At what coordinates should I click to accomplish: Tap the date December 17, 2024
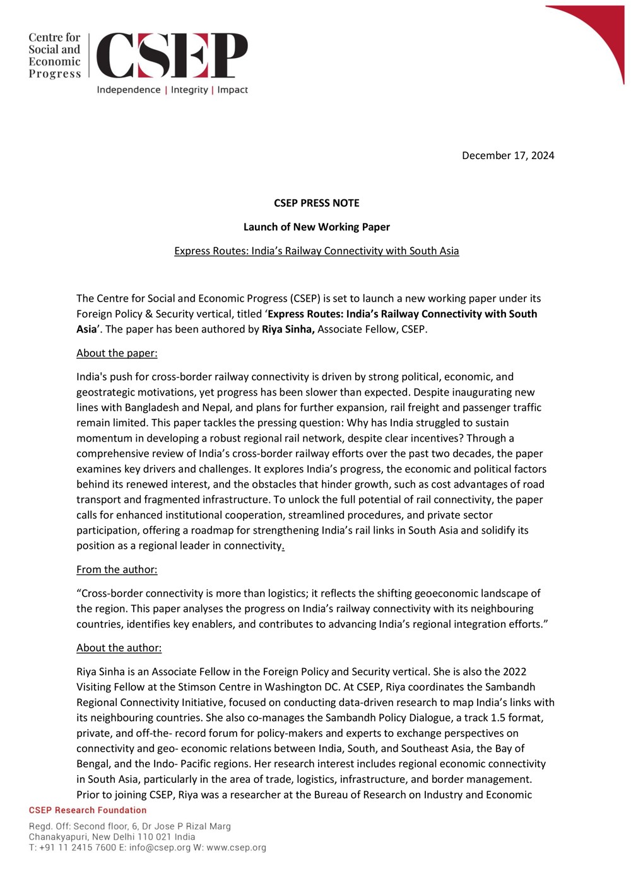pyautogui.click(x=507, y=155)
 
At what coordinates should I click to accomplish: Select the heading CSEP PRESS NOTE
pyautogui.click(x=316, y=203)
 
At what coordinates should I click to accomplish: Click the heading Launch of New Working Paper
pyautogui.click(x=316, y=227)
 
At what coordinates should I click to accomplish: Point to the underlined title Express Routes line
pyautogui.click(x=316, y=251)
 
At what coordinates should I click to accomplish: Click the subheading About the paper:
pyautogui.click(x=117, y=353)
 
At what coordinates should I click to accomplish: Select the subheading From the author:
pyautogui.click(x=117, y=570)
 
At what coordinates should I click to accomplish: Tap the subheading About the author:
pyautogui.click(x=119, y=648)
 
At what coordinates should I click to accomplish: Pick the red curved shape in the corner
pyautogui.click(x=599, y=32)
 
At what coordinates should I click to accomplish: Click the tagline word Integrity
pyautogui.click(x=189, y=90)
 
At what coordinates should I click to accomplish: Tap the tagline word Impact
pyautogui.click(x=232, y=90)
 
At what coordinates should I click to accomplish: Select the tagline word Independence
pyautogui.click(x=129, y=90)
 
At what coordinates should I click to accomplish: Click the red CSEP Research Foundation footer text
pyautogui.click(x=88, y=810)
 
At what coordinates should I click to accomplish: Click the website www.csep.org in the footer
pyautogui.click(x=236, y=848)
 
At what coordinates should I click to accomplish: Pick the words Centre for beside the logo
pyautogui.click(x=54, y=38)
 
